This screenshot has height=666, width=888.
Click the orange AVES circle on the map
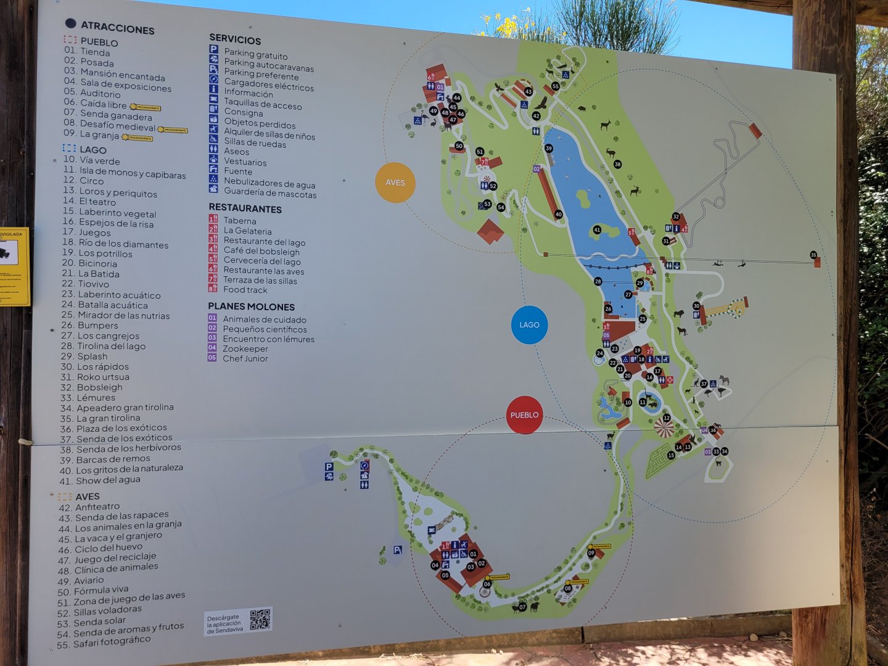[x=395, y=183]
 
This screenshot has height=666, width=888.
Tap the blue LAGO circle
[x=529, y=324]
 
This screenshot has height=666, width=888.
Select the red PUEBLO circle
[x=524, y=415]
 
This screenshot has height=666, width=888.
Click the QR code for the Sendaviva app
[x=260, y=619]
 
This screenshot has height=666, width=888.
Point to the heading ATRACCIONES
[x=117, y=27]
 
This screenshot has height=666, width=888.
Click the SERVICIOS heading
[x=235, y=40]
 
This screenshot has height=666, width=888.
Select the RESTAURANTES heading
[x=245, y=208]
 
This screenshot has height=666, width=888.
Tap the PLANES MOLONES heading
[x=251, y=306]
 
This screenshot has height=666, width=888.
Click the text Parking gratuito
[x=255, y=54]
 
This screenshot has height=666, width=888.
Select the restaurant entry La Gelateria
[x=247, y=231]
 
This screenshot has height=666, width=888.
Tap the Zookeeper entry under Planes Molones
[x=245, y=348]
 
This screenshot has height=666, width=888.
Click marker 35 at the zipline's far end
[x=813, y=255]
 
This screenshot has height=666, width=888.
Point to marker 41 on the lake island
[x=596, y=230]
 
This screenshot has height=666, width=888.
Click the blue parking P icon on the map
[x=329, y=467]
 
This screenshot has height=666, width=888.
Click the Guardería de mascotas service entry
[x=269, y=194]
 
